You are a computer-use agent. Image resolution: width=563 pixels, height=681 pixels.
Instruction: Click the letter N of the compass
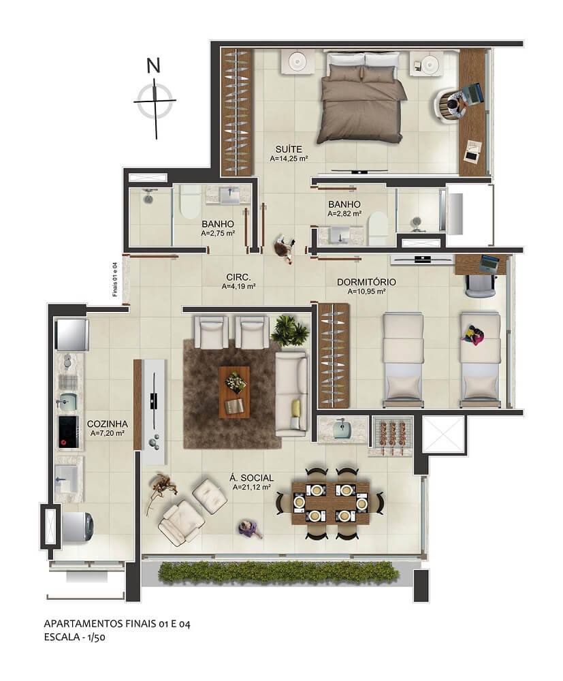pyautogui.click(x=154, y=65)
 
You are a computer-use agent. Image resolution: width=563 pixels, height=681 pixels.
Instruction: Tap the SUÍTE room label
pyautogui.click(x=289, y=149)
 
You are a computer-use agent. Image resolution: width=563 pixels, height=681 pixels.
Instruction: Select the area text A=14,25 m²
pyautogui.click(x=289, y=159)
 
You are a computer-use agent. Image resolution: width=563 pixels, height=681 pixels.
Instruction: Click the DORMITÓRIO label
pyautogui.click(x=366, y=283)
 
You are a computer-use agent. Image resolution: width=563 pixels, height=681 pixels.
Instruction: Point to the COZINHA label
pyautogui.click(x=107, y=424)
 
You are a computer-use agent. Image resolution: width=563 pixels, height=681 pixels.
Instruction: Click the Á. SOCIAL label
pyautogui.click(x=252, y=478)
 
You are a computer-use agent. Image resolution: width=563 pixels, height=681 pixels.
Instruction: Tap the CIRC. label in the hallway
pyautogui.click(x=238, y=277)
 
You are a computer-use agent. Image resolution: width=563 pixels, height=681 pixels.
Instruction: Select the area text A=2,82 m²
pyautogui.click(x=344, y=214)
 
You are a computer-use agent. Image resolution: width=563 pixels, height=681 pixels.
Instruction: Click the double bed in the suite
pyautogui.click(x=361, y=97)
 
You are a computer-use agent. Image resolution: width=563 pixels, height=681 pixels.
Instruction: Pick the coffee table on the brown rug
pyautogui.click(x=234, y=392)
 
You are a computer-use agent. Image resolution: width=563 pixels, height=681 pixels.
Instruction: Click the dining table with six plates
pyautogui.click(x=330, y=503)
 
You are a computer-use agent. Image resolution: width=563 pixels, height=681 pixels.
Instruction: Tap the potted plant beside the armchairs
pyautogui.click(x=289, y=330)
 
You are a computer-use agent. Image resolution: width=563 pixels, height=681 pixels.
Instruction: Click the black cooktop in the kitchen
pyautogui.click(x=69, y=432)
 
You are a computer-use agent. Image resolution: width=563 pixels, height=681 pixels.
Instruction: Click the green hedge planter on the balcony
pyautogui.click(x=278, y=572)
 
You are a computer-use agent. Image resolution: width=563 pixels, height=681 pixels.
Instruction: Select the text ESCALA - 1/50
pyautogui.click(x=75, y=637)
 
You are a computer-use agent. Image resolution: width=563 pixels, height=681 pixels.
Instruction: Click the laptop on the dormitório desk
pyautogui.click(x=489, y=263)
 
